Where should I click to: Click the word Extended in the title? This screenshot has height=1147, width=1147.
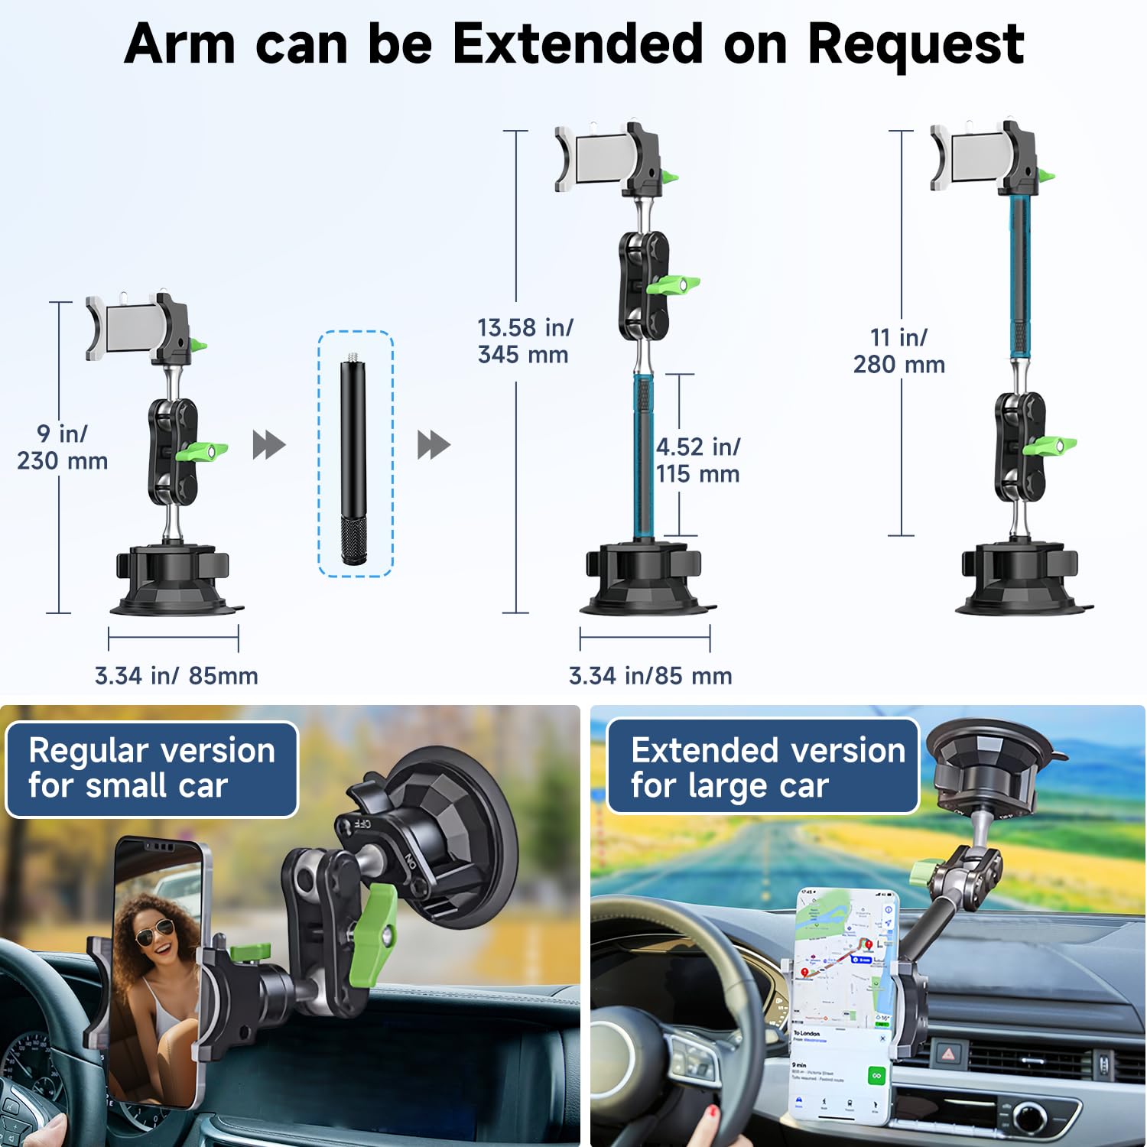coord(577,44)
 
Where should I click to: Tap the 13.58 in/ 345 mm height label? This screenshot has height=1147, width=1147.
coord(525,341)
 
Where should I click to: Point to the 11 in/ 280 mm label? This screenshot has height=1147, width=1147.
coord(899,351)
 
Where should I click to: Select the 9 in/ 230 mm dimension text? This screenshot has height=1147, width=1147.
coord(63,447)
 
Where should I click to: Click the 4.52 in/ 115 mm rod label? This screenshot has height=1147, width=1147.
coord(697,460)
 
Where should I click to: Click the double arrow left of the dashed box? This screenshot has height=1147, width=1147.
coord(269,444)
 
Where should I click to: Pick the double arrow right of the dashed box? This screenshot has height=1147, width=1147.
coord(434,444)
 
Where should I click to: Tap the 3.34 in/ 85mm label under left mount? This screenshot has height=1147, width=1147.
coord(177,676)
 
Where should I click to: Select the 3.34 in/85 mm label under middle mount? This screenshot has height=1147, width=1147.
coord(651,676)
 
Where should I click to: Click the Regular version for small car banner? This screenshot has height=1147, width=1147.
coord(151,768)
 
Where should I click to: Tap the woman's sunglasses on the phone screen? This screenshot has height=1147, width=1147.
coord(155,932)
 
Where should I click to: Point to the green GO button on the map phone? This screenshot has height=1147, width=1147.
coord(876,1076)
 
